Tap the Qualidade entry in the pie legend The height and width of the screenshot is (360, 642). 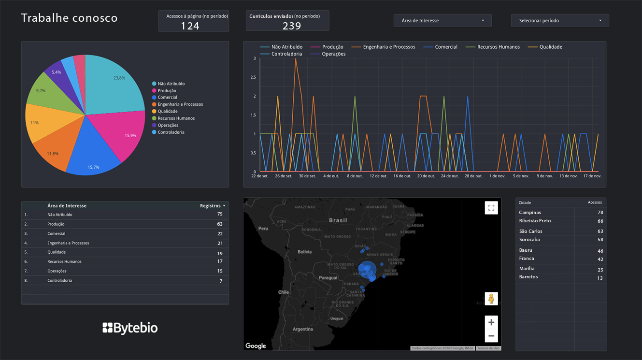coord(167,111)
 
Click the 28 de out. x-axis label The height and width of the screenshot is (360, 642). coord(473,176)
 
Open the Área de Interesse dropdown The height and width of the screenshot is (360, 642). coord(442,21)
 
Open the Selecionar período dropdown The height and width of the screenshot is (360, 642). coord(560,21)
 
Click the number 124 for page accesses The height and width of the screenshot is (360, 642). coord(190,26)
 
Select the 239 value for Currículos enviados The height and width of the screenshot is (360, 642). coord(292,26)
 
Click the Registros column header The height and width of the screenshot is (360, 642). coord(211,206)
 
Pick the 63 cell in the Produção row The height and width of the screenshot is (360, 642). coord(219,224)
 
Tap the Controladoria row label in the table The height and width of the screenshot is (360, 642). coord(59,281)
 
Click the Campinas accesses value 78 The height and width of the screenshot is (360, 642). coord(600,213)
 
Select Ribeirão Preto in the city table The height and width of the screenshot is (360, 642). coord(535,221)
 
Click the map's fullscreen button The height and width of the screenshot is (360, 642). coord(491,208)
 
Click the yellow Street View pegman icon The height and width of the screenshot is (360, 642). coord(491,299)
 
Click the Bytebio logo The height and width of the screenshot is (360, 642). coord(130,328)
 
